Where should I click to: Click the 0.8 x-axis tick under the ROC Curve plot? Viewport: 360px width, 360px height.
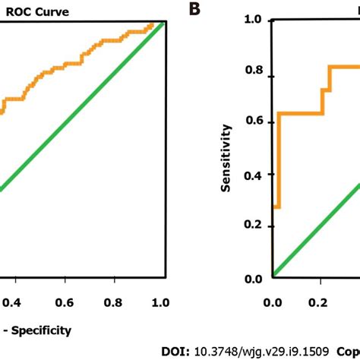[113, 303]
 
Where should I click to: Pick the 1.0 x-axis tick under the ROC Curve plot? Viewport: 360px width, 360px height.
[159, 303]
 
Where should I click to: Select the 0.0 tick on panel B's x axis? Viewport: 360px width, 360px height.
[272, 303]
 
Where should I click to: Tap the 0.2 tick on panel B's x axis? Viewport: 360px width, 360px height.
[320, 303]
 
